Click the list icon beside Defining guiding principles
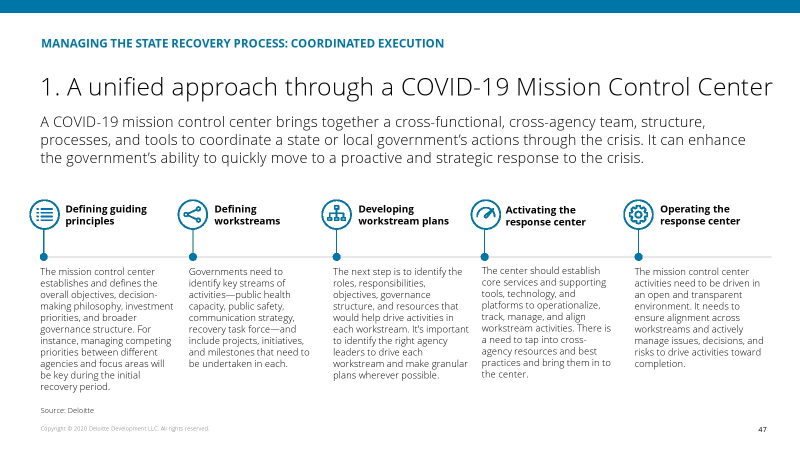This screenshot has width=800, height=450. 44,214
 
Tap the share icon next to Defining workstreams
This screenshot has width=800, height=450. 193,214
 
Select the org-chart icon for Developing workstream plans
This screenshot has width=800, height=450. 336,214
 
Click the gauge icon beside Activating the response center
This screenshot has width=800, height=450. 485,214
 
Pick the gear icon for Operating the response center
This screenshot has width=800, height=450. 638,214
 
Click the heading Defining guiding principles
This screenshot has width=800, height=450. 106,215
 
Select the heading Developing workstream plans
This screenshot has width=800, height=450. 403,215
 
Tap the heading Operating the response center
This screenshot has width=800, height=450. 700,215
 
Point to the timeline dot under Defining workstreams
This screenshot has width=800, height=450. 193,257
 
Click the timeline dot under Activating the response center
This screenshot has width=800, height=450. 484,257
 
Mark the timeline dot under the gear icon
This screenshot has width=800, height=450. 638,257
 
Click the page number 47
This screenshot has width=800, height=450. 762,429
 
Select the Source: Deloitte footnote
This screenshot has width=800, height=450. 67,410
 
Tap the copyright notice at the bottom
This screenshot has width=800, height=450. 124,428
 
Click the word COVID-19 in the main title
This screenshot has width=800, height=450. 455,87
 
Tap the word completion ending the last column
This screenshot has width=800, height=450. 659,364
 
